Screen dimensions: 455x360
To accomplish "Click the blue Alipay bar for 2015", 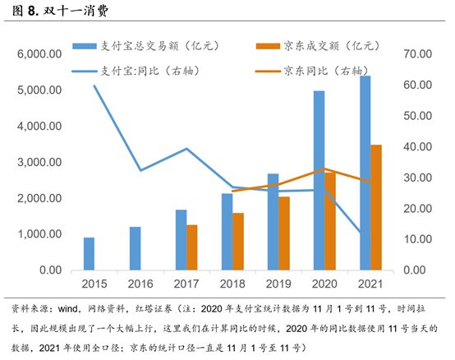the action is click(89, 254).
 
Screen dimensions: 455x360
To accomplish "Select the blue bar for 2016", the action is click(136, 248).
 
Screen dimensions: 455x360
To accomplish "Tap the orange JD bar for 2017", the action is click(192, 247).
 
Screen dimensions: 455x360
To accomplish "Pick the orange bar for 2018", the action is click(238, 242).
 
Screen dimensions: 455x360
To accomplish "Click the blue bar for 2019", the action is click(273, 222).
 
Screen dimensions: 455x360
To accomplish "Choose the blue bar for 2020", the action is click(319, 181).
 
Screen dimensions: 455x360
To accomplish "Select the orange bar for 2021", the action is click(376, 208).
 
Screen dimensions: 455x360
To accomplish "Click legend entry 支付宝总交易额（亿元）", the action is click(145, 46).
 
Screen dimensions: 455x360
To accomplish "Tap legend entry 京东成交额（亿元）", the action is click(318, 46).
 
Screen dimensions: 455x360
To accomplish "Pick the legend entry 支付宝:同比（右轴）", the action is click(136, 72).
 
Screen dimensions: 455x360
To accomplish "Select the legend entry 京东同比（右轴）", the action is click(312, 72).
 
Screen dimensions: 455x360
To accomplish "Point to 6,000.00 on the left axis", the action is click(39, 54).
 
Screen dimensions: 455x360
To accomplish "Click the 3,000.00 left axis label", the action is click(39, 162).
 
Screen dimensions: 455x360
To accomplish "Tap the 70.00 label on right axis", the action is click(417, 54).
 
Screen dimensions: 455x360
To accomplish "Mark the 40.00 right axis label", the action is click(417, 146).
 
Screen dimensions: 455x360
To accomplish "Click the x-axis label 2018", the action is click(232, 284).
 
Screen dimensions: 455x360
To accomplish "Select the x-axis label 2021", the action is click(370, 284).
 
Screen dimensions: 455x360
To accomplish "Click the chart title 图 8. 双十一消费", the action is click(60, 11).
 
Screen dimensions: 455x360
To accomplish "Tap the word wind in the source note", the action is click(67, 309).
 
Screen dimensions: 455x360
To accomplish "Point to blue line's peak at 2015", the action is click(94, 85).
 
